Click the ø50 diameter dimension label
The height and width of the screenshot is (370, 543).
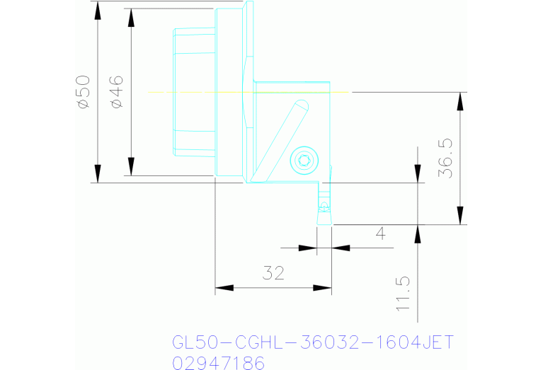[x=84, y=92]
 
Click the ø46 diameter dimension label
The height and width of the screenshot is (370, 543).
[x=117, y=92]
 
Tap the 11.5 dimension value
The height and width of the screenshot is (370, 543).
[x=403, y=294]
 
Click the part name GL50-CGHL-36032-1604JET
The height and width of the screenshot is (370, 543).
[x=312, y=342]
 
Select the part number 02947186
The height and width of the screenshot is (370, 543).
[x=218, y=363]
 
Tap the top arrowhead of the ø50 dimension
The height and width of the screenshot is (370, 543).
[x=98, y=10]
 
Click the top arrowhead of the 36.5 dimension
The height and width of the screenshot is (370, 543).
[x=461, y=101]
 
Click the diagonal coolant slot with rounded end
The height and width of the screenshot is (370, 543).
[x=280, y=139]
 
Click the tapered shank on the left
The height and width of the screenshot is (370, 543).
[x=194, y=92]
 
